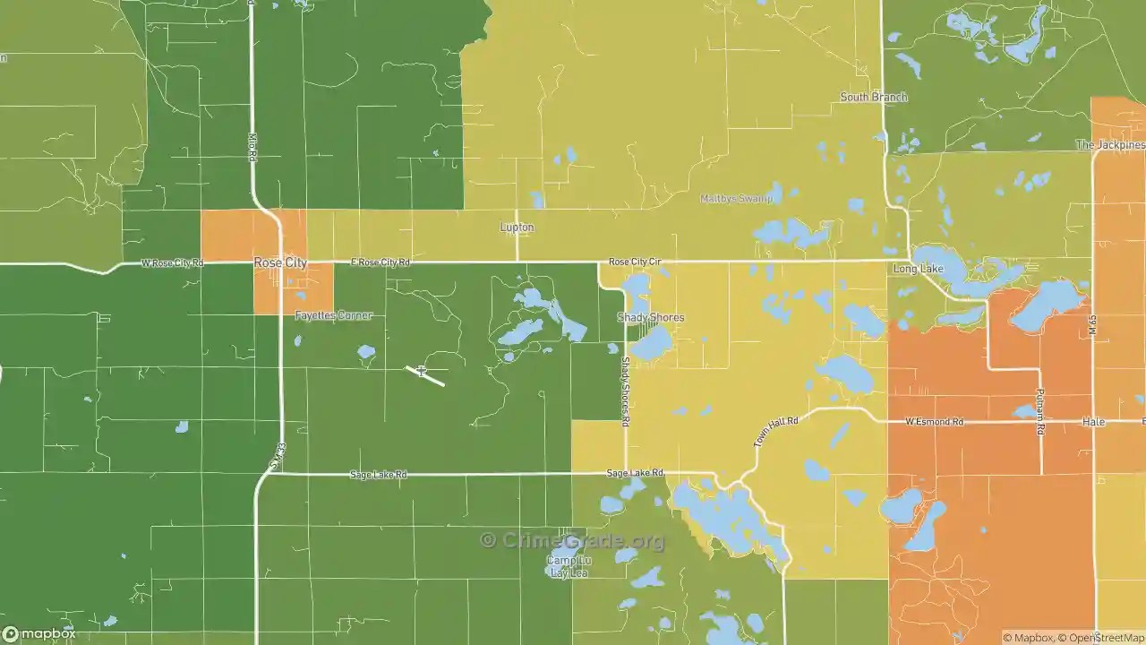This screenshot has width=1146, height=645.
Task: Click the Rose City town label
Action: (x=280, y=262)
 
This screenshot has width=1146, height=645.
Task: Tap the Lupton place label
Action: (x=517, y=228)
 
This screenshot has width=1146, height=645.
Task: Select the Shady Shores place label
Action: (x=651, y=318)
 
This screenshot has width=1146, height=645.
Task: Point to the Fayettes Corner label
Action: (x=334, y=315)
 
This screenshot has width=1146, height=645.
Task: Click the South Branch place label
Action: (x=873, y=97)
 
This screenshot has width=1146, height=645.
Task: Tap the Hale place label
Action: (x=1093, y=421)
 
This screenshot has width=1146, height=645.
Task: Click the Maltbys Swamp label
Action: (x=736, y=198)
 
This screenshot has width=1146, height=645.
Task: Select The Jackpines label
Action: (x=1110, y=144)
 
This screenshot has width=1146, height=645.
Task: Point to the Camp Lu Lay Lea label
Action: (x=568, y=566)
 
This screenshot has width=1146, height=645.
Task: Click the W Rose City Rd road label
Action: (x=172, y=263)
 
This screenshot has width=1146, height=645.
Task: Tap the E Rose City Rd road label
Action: (x=380, y=262)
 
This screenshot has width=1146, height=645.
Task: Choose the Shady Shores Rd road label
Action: (x=625, y=391)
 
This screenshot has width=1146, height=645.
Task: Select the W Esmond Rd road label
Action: (x=934, y=421)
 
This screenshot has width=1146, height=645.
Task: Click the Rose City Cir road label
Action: (x=635, y=262)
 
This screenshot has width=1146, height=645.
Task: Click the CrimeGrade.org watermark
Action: (x=573, y=540)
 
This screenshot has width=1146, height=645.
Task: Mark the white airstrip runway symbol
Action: (x=424, y=375)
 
